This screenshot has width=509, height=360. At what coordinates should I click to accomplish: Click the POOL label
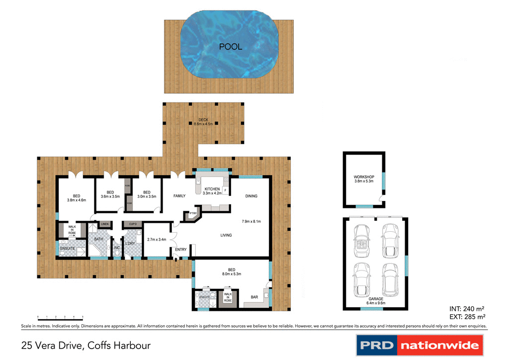pos(231,47)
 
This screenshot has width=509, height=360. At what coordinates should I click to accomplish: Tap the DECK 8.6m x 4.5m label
pos(204,122)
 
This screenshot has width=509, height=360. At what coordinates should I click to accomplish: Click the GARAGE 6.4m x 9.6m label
pos(376,301)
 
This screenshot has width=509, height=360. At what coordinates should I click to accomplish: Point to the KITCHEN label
pos(212,189)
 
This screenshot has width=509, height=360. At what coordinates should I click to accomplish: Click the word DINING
pos(251,196)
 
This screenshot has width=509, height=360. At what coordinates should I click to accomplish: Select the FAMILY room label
pos(179,196)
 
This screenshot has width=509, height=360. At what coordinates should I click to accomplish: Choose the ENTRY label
pos(180,249)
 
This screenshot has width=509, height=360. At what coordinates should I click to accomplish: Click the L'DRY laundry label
pos(130,243)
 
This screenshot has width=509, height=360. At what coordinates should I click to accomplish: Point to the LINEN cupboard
pos(104,224)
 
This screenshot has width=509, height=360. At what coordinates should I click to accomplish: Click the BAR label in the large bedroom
pos(254,297)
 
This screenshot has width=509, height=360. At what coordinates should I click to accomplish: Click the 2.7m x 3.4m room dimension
pos(156,239)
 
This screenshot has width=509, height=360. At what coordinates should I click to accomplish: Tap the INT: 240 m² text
pos(467,308)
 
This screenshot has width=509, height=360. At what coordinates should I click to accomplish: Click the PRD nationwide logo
pos(420,345)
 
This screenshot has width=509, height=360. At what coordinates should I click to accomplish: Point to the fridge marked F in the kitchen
pos(225,190)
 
